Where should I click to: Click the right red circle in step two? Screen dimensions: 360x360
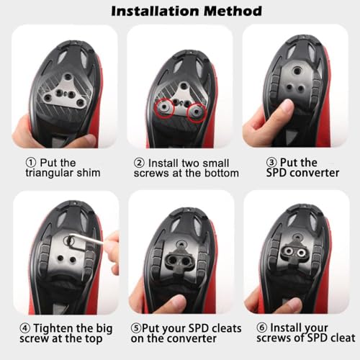195,112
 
